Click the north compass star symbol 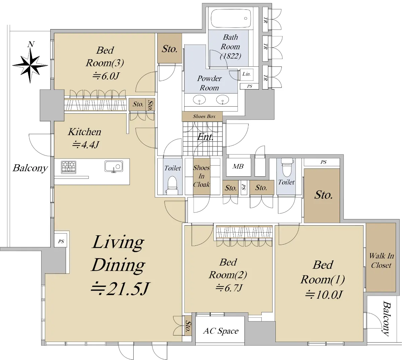[30, 65]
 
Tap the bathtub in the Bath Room [230, 18]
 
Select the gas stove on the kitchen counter [68, 167]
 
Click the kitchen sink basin [114, 166]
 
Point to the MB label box [238, 166]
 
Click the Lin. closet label [247, 74]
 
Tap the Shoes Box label [204, 116]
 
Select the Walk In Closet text [381, 260]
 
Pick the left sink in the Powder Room [199, 99]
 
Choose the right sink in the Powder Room [223, 99]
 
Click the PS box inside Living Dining [61, 241]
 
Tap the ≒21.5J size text [120, 289]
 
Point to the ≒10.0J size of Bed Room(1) [324, 295]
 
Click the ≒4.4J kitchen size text [85, 144]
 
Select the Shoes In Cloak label [201, 176]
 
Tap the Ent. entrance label [205, 137]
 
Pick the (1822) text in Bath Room [230, 56]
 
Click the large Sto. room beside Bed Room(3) [170, 48]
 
